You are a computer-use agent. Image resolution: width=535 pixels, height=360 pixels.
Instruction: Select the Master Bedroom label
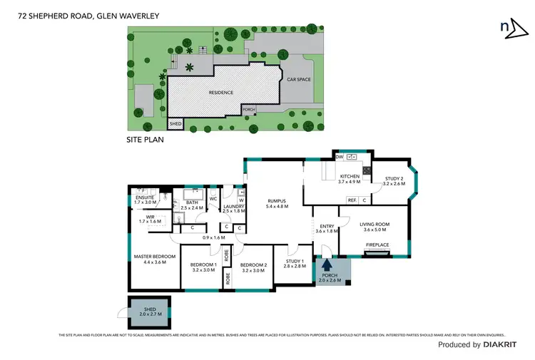[155, 259]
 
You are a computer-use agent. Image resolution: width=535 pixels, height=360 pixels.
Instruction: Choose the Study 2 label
[393, 181]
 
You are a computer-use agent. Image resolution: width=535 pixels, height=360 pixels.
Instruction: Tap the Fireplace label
[377, 245]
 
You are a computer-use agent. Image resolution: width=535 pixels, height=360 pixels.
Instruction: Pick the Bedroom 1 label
[203, 267]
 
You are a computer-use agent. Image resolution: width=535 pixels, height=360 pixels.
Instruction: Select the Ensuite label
[145, 199]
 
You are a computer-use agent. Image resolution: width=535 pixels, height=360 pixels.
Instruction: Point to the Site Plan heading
[145, 140]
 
